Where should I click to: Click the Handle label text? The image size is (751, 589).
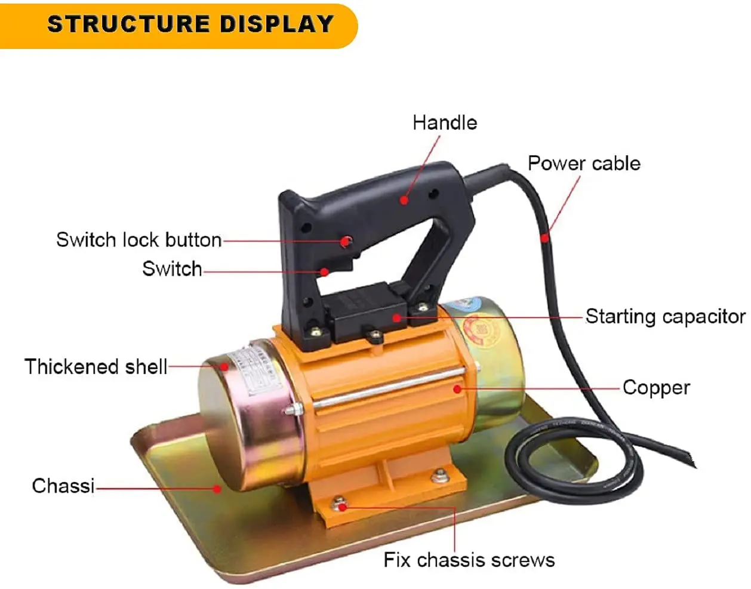click(x=445, y=123)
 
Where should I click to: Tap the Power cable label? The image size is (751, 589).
click(x=584, y=163)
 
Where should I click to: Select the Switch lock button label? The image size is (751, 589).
click(x=138, y=240)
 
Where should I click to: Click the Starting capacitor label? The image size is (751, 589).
click(x=665, y=317)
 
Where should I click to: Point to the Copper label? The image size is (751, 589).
click(x=656, y=388)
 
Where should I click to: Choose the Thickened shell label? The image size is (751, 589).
click(x=96, y=366)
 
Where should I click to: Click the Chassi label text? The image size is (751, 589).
click(x=63, y=486)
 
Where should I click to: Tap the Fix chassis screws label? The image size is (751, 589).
click(x=469, y=560)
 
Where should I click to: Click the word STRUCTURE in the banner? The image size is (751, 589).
click(x=128, y=24)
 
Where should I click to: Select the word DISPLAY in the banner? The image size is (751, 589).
click(x=276, y=24)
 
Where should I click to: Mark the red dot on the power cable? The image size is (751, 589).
click(x=544, y=238)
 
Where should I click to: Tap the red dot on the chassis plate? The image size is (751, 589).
click(x=218, y=489)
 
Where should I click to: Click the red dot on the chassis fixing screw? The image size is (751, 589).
click(x=342, y=507)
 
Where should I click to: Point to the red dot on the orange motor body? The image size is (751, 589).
click(x=457, y=389)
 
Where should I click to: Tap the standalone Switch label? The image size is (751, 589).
click(x=172, y=269)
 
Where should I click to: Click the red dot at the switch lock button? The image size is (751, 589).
click(x=345, y=241)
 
